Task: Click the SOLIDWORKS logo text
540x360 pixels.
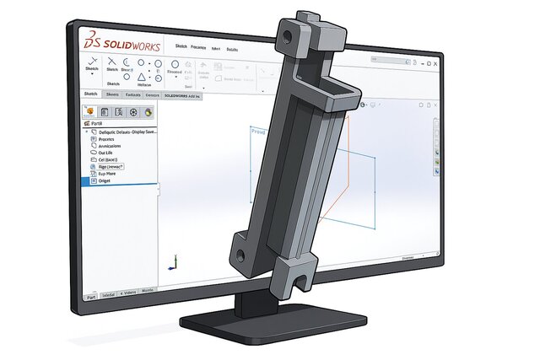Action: click(125, 46)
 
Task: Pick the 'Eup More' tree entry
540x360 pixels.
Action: click(107, 173)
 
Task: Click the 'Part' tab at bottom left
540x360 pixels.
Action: click(91, 297)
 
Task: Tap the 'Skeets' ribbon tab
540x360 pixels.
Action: click(113, 95)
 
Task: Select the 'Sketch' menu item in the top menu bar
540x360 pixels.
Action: click(181, 46)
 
